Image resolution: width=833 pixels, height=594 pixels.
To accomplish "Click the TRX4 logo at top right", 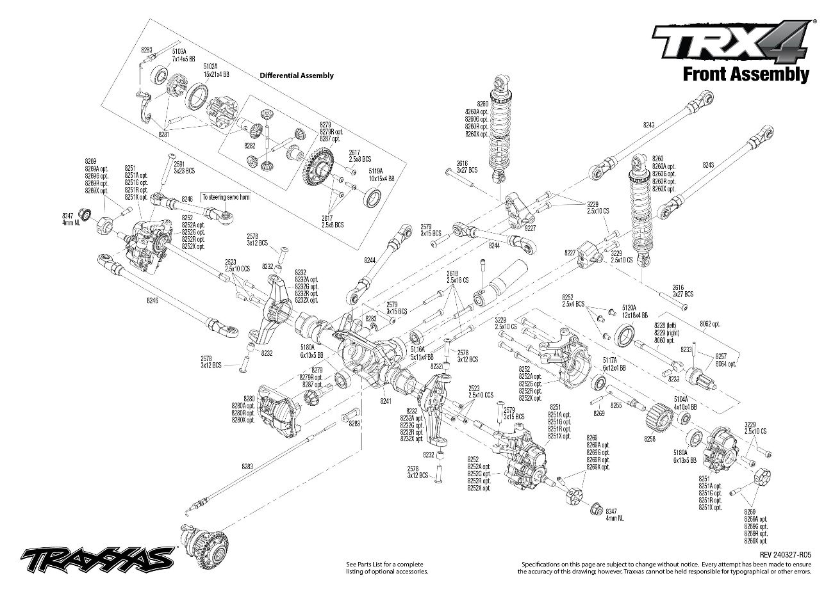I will click(x=730, y=42).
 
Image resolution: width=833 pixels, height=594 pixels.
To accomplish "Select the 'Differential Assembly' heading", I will click(x=297, y=76).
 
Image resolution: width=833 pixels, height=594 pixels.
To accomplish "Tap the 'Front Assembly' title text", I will click(x=745, y=74).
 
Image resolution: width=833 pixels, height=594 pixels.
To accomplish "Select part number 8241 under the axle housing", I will click(x=385, y=401).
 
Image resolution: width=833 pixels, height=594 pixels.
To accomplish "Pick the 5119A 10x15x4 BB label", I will click(x=381, y=175).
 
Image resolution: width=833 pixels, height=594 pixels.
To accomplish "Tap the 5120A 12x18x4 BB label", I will click(x=634, y=312).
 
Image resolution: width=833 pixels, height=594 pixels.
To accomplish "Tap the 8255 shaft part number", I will click(x=616, y=406).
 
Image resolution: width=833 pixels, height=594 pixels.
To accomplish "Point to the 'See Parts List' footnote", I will click(x=386, y=567).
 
